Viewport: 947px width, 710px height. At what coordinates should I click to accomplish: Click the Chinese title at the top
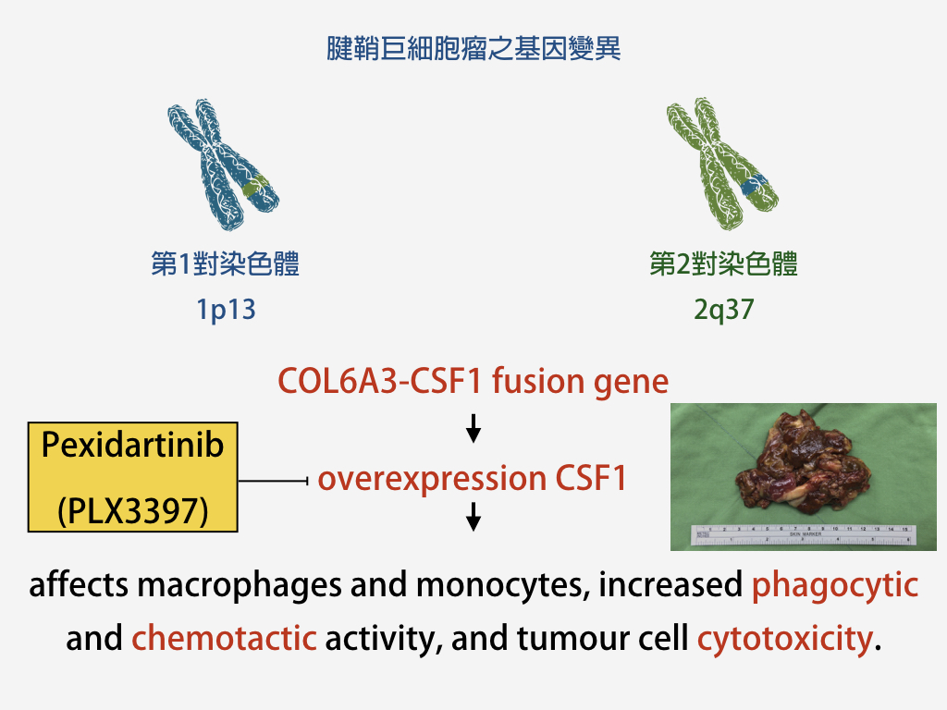473,48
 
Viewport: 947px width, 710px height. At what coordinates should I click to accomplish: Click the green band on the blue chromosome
256,185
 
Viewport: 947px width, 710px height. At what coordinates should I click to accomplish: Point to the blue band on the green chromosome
755,184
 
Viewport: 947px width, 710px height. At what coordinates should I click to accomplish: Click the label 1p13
226,310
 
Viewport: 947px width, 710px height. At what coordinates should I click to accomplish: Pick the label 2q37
723,310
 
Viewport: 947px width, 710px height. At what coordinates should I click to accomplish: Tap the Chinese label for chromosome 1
226,263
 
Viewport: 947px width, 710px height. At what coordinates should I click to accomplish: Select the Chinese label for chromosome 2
723,263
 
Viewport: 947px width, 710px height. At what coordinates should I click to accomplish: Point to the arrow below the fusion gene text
473,429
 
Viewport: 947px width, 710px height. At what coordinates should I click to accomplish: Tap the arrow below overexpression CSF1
473,517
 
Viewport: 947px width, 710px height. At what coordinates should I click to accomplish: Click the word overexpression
432,480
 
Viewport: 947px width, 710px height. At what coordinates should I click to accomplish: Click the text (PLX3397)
133,510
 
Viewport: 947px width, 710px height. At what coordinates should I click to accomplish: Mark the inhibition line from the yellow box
274,481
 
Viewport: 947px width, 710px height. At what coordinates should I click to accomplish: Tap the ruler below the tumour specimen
804,535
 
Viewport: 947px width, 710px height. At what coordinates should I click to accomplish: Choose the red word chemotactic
224,638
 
